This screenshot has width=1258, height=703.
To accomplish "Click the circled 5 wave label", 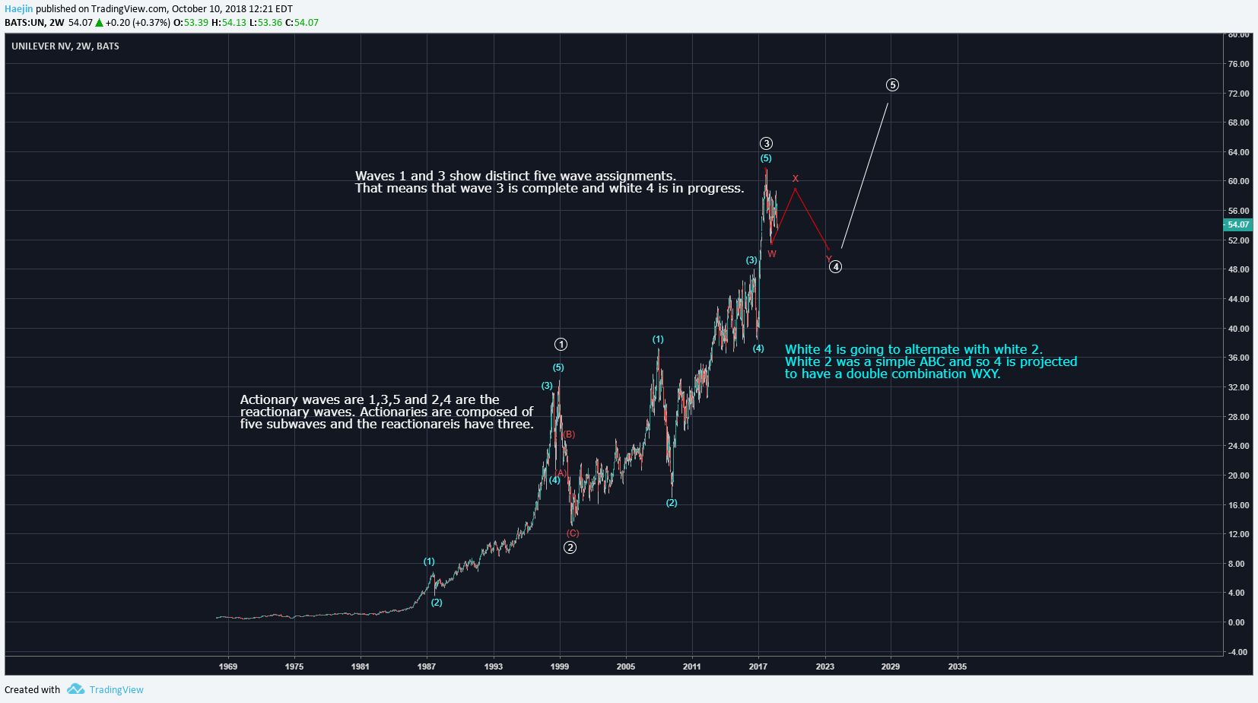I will coord(892,85).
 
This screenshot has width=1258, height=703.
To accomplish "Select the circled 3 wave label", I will coord(766,144).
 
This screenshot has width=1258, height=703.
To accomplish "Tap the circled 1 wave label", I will coord(561,345).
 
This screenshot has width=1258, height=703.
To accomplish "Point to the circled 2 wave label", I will coord(570,548).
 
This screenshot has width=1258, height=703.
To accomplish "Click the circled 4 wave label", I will coord(835,267).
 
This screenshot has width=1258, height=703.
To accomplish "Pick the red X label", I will coord(796,179).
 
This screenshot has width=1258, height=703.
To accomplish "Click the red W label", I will coord(772,254).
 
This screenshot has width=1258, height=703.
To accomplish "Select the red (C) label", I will coord(573,533).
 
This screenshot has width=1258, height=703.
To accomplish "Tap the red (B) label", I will coord(569,434).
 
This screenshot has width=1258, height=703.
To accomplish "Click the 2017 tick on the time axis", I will coord(758,666).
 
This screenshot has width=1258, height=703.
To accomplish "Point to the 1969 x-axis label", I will coord(228,666).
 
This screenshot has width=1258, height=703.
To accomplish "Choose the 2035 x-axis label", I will coord(958,666).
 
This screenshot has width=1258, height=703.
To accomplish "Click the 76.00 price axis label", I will coord(1238,64).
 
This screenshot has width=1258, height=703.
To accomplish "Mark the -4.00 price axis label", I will coord(1237,652).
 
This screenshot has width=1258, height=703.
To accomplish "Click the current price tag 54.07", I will coord(1237,224).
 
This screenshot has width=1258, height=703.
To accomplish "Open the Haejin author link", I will coord(18,9).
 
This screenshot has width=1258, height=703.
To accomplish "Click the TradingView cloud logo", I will coord(75,689).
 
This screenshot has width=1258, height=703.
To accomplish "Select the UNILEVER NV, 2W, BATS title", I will coord(65,46).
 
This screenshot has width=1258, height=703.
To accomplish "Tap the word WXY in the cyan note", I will coord(983,374).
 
